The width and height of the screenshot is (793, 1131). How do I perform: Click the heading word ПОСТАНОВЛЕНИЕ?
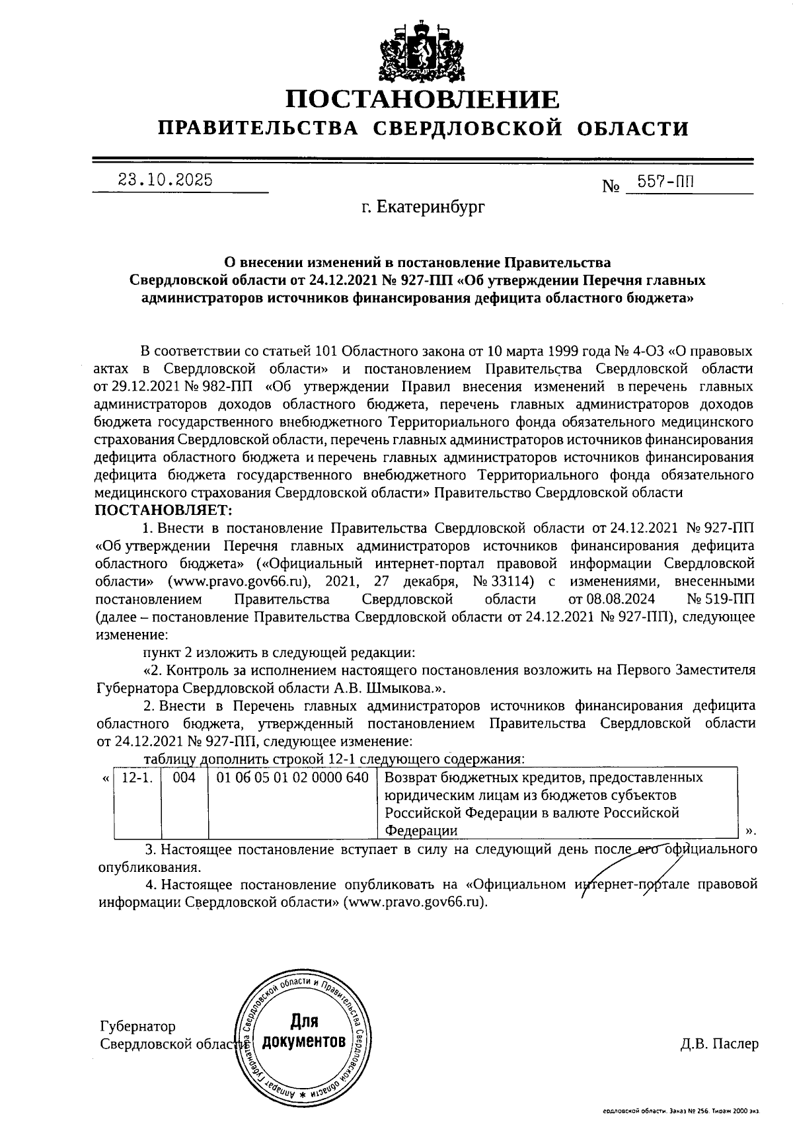422,99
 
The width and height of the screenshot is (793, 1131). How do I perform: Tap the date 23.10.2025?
165,180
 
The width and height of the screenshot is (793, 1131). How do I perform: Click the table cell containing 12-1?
137,778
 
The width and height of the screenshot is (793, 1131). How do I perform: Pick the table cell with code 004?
184,778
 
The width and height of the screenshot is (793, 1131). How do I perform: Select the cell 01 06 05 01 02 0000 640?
292,778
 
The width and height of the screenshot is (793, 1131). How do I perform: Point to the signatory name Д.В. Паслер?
719,1044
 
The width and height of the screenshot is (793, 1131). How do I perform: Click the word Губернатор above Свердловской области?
137,1027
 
